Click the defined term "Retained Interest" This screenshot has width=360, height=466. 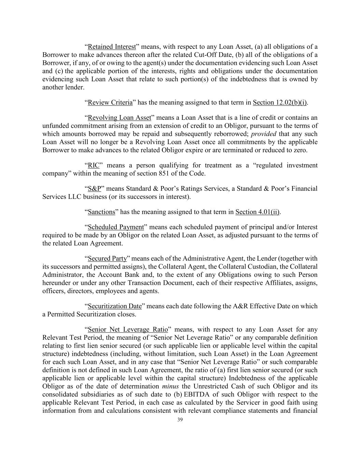click(112, 47)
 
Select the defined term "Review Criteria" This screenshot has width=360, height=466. click(110, 102)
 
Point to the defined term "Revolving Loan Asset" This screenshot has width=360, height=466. click(119, 118)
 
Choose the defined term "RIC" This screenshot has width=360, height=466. click(93, 166)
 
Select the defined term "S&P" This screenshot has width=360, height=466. click(95, 189)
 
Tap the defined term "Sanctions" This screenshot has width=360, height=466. click(101, 212)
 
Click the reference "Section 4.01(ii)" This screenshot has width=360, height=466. click(257, 212)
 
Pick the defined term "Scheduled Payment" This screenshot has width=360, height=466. click(116, 227)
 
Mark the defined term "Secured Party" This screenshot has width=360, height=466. click(107, 258)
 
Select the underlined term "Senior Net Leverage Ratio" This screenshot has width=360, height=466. click(128, 330)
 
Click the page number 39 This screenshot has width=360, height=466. click(180, 420)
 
